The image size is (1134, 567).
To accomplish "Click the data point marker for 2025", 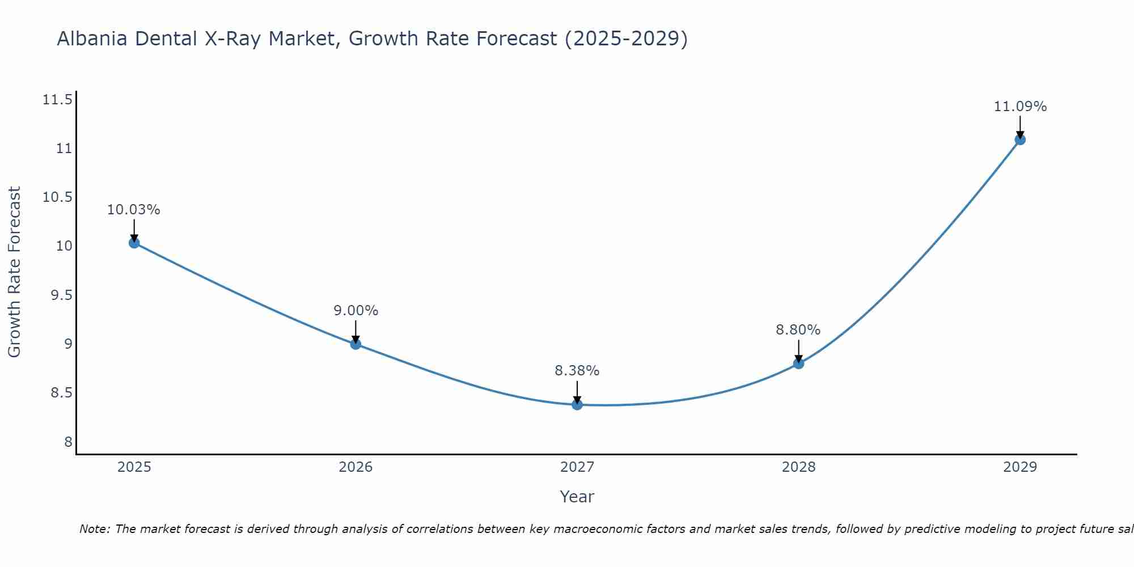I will tap(134, 243).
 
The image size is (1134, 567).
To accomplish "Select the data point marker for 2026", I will tap(356, 344).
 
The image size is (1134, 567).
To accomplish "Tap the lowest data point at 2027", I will tap(577, 404).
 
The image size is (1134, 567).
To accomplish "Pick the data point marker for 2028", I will tap(798, 363).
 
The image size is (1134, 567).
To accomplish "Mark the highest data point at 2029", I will tap(1020, 139).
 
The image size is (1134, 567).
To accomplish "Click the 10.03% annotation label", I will tap(134, 210).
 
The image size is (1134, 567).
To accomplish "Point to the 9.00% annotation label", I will tap(356, 311).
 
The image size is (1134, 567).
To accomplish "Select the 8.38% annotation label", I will tap(577, 371).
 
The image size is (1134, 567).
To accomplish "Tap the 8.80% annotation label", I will tap(798, 330).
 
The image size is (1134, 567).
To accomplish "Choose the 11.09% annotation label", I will tap(1020, 107).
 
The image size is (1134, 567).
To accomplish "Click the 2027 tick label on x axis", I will tap(577, 467).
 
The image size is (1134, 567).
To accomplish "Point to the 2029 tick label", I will tap(1020, 467).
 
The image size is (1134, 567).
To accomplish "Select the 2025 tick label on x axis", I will tap(134, 467).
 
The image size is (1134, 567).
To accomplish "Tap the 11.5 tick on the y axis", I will tap(57, 100).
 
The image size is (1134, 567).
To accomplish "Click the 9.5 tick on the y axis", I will tap(61, 295).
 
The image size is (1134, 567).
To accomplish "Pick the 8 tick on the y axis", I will tap(69, 442).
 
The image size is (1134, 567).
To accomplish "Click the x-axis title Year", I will tap(577, 497).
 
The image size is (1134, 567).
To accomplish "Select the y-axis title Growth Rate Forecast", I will tap(14, 272).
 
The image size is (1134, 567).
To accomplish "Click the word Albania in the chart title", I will tap(92, 39).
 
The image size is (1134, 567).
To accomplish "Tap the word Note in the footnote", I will tap(94, 529).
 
